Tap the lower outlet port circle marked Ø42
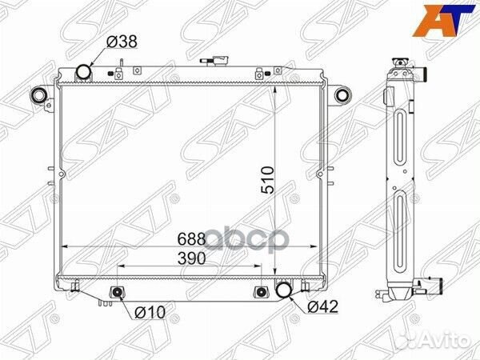click(284, 290)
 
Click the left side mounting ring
click(38, 98)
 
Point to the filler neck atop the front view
click(219, 62)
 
